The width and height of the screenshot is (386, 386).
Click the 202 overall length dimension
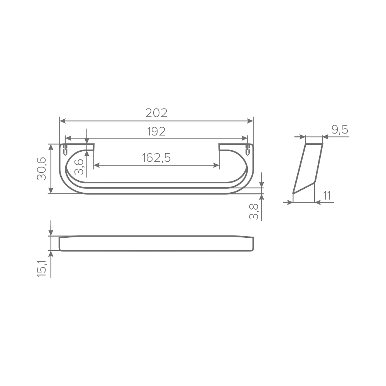click(156, 113)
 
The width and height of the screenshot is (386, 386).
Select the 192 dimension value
click(156, 132)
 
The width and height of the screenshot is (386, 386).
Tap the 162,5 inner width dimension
click(156, 157)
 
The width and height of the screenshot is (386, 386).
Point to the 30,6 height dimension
click(42, 169)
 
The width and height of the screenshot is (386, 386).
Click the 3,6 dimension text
click(79, 167)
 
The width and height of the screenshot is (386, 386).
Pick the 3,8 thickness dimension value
click(254, 212)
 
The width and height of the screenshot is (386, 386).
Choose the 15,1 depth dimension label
click(42, 268)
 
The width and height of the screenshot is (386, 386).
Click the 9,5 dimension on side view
click(340, 130)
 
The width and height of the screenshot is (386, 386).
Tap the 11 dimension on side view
click(327, 195)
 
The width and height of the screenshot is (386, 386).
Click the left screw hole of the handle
click(65, 149)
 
